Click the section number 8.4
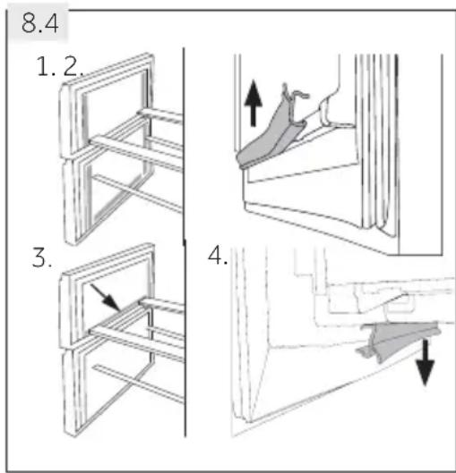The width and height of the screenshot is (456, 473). pyautogui.click(x=40, y=23)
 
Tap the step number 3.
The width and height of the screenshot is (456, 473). pyautogui.click(x=42, y=258)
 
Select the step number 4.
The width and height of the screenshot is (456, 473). pyautogui.click(x=218, y=255)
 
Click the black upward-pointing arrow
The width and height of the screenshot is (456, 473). pyautogui.click(x=254, y=103)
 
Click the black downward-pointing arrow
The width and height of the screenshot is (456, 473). pyautogui.click(x=426, y=362)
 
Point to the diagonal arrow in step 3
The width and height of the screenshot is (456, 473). pyautogui.click(x=106, y=297)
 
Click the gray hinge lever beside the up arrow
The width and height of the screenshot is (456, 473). pyautogui.click(x=270, y=132)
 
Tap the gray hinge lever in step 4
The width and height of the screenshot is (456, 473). pyautogui.click(x=399, y=340)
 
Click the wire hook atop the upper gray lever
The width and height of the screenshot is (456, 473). pyautogui.click(x=295, y=94)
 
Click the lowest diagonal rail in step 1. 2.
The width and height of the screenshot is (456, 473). pyautogui.click(x=138, y=193)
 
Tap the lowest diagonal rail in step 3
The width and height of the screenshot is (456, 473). pyautogui.click(x=138, y=384)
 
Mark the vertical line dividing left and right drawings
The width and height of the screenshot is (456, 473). pyautogui.click(x=184, y=241)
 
